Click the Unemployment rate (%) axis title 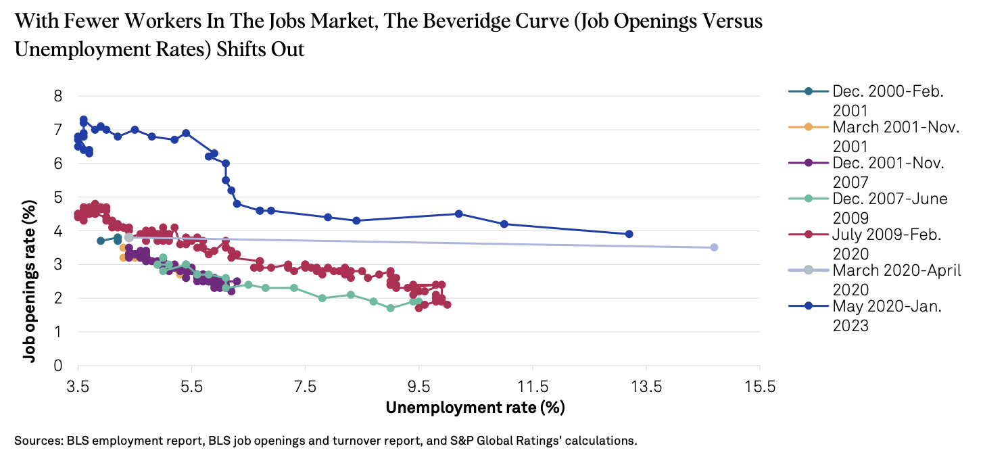[475, 408]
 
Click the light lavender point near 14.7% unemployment [714, 247]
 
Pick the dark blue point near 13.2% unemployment [629, 234]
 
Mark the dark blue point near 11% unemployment [504, 224]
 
